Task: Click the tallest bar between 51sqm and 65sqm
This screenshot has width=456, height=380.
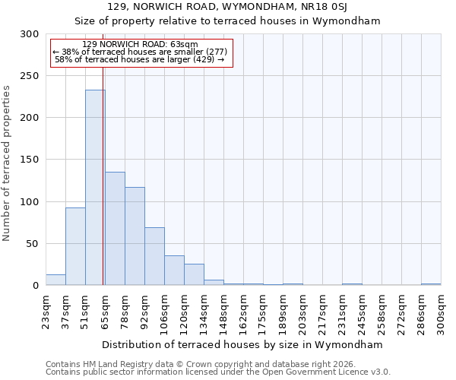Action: [x=95, y=188]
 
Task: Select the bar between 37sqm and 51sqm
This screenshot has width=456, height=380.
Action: [x=75, y=246]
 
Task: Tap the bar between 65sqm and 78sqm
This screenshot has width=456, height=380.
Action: [x=115, y=228]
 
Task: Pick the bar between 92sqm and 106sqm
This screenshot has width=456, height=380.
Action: [x=154, y=256]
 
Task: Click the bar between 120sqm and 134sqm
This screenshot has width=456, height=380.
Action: [x=194, y=274]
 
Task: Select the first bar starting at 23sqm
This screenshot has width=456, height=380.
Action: [x=55, y=280]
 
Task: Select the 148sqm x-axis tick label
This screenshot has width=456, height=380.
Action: [x=224, y=312]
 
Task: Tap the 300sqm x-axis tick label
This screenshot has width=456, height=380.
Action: [x=442, y=312]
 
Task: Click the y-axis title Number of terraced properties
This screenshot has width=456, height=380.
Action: [x=7, y=163]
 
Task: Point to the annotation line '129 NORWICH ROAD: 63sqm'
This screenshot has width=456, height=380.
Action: [x=140, y=44]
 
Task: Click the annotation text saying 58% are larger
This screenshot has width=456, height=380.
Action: [x=140, y=59]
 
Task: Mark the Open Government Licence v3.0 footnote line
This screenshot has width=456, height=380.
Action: [x=218, y=372]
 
